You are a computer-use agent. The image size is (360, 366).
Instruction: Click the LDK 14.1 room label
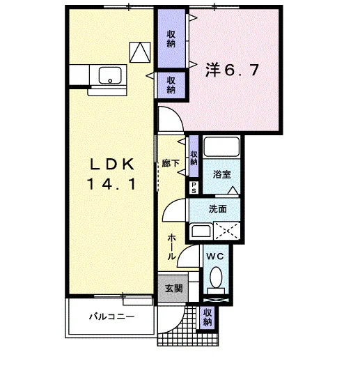(x=111, y=174)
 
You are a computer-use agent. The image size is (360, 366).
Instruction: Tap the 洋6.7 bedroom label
(x=232, y=70)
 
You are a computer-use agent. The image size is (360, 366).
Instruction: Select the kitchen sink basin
(x=110, y=75)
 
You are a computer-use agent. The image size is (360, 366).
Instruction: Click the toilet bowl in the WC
(x=216, y=277)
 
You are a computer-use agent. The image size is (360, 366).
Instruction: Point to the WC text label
(x=215, y=257)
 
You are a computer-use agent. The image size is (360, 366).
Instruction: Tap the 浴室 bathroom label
(x=221, y=174)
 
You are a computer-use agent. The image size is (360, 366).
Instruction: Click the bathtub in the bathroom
(x=221, y=146)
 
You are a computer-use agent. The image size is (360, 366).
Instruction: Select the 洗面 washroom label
(x=218, y=209)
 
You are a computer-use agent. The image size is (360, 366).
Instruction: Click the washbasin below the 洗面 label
(x=202, y=231)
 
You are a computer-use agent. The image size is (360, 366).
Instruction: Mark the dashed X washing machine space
(x=227, y=231)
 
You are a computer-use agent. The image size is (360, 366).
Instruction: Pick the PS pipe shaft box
(x=194, y=188)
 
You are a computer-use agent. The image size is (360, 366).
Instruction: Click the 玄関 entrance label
(x=174, y=289)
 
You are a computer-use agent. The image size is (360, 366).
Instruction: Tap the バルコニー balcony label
(x=112, y=317)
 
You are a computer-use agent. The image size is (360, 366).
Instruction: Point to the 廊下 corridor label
(x=171, y=163)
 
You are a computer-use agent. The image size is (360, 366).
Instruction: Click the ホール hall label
(x=171, y=247)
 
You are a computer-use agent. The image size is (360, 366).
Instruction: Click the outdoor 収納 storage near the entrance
(x=208, y=317)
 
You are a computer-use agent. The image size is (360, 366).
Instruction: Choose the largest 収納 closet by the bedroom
(x=171, y=38)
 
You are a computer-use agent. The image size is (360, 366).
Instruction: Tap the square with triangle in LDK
(x=140, y=52)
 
